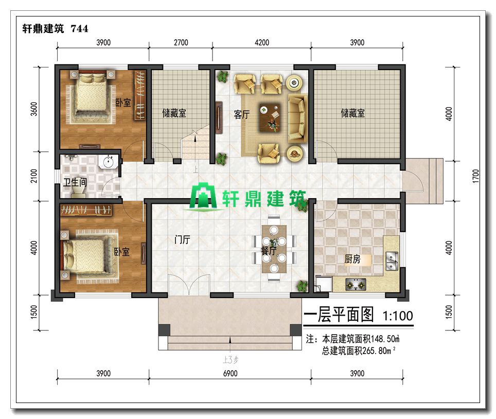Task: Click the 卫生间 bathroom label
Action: pos(75,182)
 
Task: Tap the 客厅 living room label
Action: pos(242,114)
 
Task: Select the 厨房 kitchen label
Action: pos(352,259)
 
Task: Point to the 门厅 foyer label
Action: pos(182,239)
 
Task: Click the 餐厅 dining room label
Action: pos(269,251)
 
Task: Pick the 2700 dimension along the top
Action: pos(181,42)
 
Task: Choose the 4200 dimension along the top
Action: pos(262,42)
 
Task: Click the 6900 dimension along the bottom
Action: pos(231,373)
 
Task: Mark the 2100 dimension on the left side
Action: pos(34,176)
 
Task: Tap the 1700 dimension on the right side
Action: pos(476,176)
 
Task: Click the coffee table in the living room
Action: pos(270,117)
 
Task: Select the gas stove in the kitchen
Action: pos(356,285)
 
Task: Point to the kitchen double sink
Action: pos(392,260)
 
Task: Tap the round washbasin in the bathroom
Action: pos(108,162)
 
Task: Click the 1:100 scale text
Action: pos(398,316)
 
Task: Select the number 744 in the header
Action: pos(79,29)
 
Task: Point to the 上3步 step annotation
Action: pos(231,359)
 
